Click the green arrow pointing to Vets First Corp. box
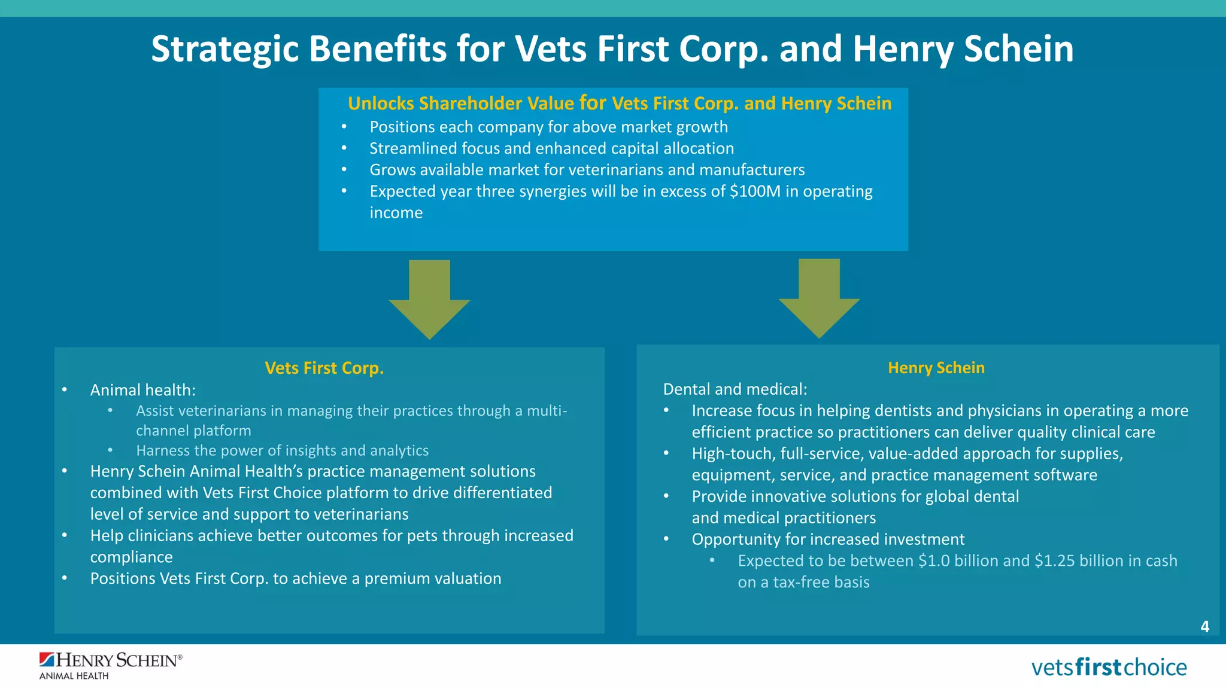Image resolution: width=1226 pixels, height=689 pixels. pos(429,300)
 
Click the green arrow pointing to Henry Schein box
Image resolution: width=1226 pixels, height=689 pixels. pos(819,298)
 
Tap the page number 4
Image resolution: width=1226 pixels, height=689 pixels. pos(1204,626)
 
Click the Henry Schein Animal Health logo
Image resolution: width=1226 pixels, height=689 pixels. pos(110,666)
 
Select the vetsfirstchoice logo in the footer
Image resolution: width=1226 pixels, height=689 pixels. pos(1109,667)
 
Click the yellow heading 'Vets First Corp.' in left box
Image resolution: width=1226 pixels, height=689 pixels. pos(324,368)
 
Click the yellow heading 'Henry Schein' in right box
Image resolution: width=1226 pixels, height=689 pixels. pos(936,368)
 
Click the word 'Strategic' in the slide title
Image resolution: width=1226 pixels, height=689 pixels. pos(224,49)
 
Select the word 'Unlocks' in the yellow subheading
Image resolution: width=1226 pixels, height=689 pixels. pos(381,103)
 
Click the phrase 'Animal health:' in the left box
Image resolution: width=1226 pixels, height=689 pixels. pos(142,390)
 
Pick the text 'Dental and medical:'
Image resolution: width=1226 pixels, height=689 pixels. pos(735,389)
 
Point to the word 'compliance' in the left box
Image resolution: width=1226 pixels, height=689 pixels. pos(131,557)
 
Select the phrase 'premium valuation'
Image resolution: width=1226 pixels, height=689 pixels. pos(432,578)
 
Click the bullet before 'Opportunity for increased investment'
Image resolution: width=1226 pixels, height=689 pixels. pos(666,539)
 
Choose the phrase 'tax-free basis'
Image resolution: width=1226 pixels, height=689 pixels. pos(821,583)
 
